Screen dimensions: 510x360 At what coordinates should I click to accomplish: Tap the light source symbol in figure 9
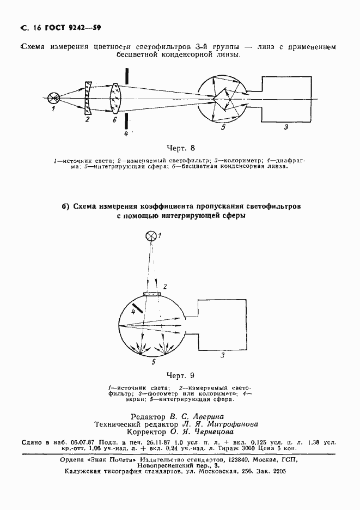pos(152,235)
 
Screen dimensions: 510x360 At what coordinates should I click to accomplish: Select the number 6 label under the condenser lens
pos(114,121)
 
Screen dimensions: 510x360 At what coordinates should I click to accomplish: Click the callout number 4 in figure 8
pos(126,133)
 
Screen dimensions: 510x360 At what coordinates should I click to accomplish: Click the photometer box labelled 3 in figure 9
pos(219,326)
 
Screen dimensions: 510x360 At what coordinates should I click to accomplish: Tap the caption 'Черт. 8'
pos(180,148)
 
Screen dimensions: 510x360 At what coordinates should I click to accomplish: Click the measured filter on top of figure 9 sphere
pos(152,294)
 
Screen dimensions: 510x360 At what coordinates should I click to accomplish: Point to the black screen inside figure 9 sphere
pos(137,308)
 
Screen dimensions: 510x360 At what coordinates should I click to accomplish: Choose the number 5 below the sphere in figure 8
pos(223,128)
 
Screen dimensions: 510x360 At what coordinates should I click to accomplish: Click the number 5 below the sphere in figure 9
pos(154,361)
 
